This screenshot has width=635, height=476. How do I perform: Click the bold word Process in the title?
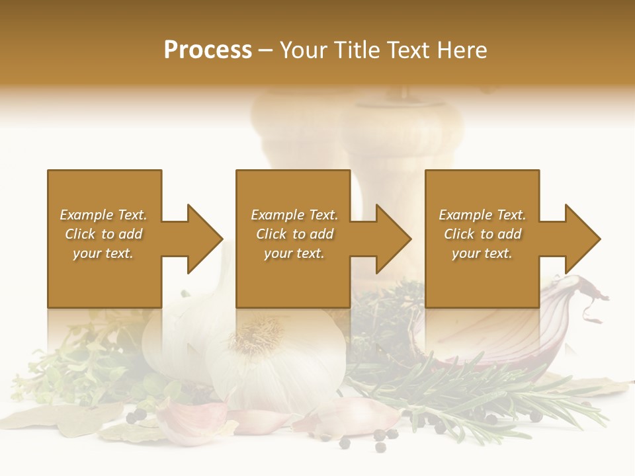pos(208,50)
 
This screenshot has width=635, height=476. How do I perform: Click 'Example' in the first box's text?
pos(86,215)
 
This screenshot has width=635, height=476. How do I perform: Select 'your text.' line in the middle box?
pos(294,253)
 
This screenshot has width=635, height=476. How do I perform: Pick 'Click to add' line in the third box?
pos(482,234)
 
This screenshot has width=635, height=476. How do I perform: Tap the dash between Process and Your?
pos(266,50)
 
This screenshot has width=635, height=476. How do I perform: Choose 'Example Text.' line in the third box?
pos(482,215)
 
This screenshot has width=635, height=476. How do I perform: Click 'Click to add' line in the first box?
pos(104,234)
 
